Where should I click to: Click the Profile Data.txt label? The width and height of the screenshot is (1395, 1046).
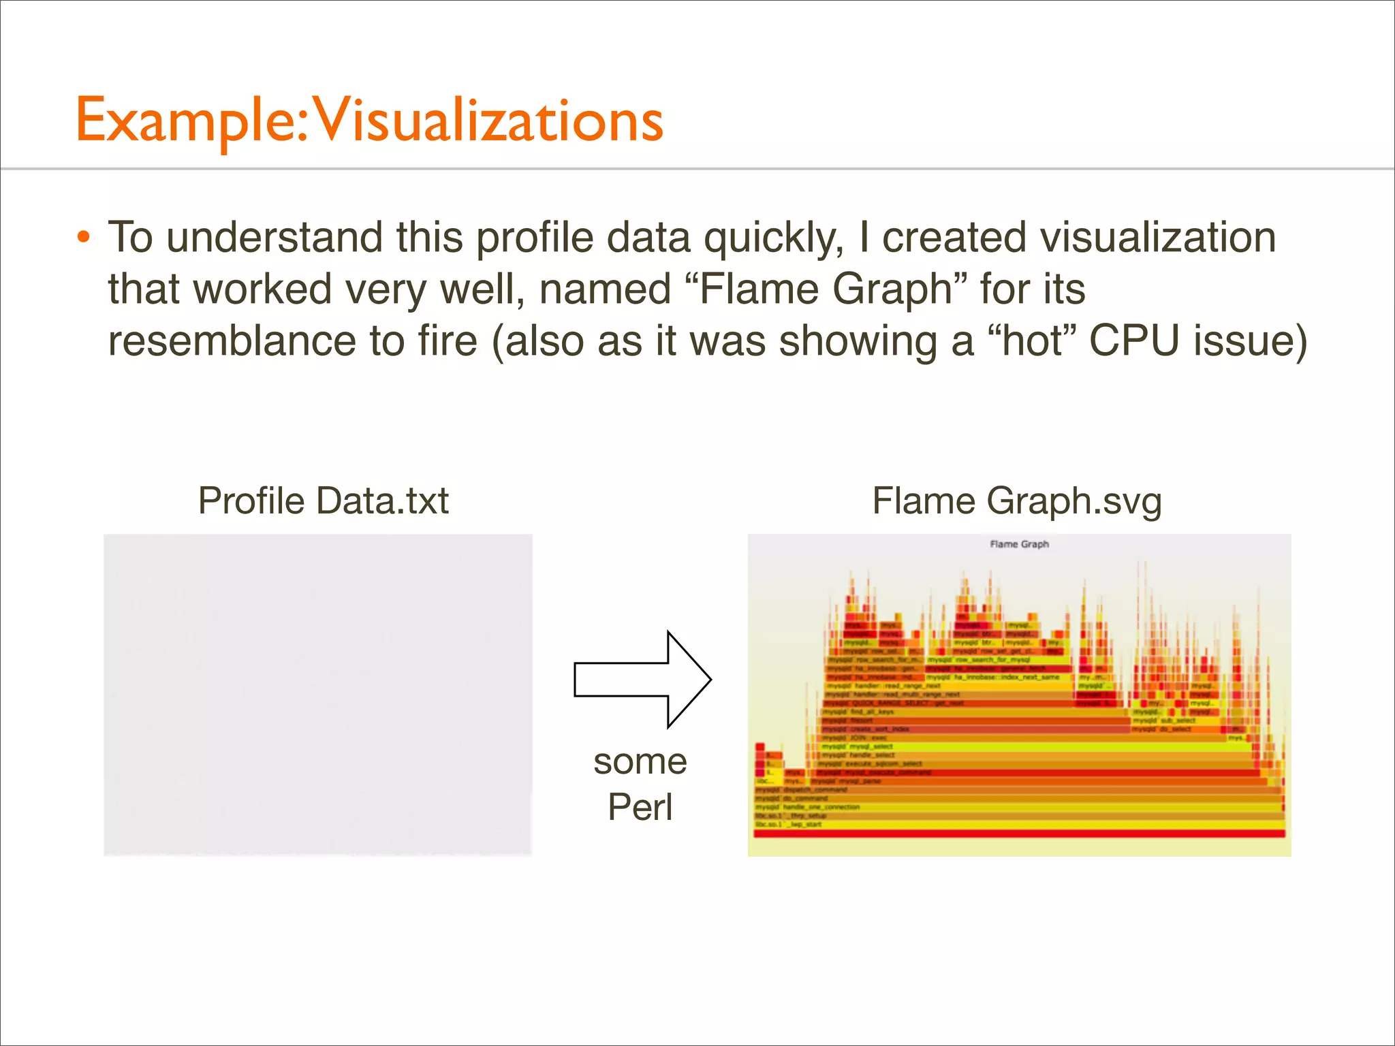(323, 501)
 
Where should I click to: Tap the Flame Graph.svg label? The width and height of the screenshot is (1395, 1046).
(1017, 501)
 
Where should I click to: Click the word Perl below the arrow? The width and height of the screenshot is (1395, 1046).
(640, 808)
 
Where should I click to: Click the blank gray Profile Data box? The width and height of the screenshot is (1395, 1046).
(317, 695)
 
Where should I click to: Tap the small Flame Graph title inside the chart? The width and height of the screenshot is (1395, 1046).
(1019, 544)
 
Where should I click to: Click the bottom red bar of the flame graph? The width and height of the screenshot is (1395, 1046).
(1019, 834)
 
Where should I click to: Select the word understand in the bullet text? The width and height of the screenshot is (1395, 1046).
(274, 238)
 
